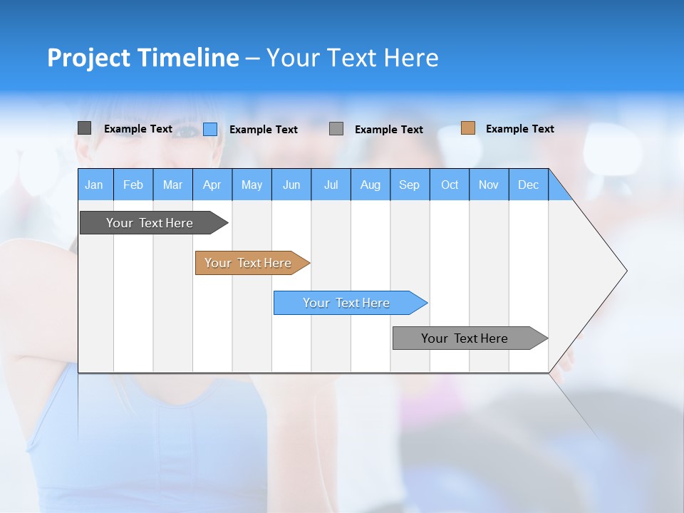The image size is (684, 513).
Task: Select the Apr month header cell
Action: (x=212, y=185)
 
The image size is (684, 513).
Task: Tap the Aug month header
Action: (x=370, y=185)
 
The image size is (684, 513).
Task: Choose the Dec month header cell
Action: (x=528, y=185)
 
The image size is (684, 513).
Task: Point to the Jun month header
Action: (x=291, y=185)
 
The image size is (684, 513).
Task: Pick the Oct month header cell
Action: (x=450, y=185)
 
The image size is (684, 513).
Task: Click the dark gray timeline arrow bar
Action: (x=150, y=223)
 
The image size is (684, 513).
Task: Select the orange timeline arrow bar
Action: (x=249, y=263)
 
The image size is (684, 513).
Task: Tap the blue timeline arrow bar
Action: (x=347, y=303)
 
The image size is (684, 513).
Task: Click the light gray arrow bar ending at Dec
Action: (x=465, y=338)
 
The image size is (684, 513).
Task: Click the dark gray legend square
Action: (x=84, y=128)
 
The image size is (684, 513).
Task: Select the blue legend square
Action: (x=210, y=129)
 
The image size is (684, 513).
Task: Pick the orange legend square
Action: (x=467, y=128)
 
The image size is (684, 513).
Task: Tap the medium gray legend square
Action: (x=336, y=129)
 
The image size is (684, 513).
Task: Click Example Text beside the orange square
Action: (x=519, y=129)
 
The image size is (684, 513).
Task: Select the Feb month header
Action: (x=133, y=185)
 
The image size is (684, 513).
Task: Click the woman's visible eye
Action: (x=187, y=131)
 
